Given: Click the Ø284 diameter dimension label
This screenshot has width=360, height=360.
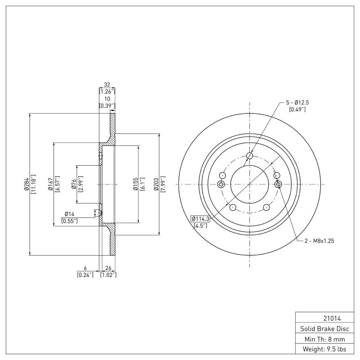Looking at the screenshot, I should (27, 184).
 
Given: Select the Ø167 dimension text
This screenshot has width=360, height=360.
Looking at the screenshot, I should (50, 184).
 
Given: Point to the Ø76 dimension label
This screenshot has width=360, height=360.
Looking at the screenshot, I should (73, 184).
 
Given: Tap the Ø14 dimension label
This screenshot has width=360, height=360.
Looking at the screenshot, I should (69, 214).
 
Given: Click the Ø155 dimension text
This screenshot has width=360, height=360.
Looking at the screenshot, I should (135, 184).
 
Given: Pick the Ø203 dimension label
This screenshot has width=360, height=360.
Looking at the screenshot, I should (156, 184).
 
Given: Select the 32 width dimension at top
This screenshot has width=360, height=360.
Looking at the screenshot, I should (107, 85).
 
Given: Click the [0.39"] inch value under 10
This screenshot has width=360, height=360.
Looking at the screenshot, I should (107, 106).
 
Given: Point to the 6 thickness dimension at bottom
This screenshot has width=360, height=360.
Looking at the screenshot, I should (85, 268).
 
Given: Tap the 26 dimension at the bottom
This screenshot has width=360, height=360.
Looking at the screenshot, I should (108, 268).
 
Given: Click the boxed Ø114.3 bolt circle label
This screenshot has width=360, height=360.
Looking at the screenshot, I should (201, 219).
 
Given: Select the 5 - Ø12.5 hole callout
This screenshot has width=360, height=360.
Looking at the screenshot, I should (297, 103).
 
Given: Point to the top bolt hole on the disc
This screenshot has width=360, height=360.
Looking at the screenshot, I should (250, 156).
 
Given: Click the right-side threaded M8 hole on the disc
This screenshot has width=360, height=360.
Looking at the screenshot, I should (278, 184).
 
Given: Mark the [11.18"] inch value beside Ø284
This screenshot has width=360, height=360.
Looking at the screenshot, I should (33, 184).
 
